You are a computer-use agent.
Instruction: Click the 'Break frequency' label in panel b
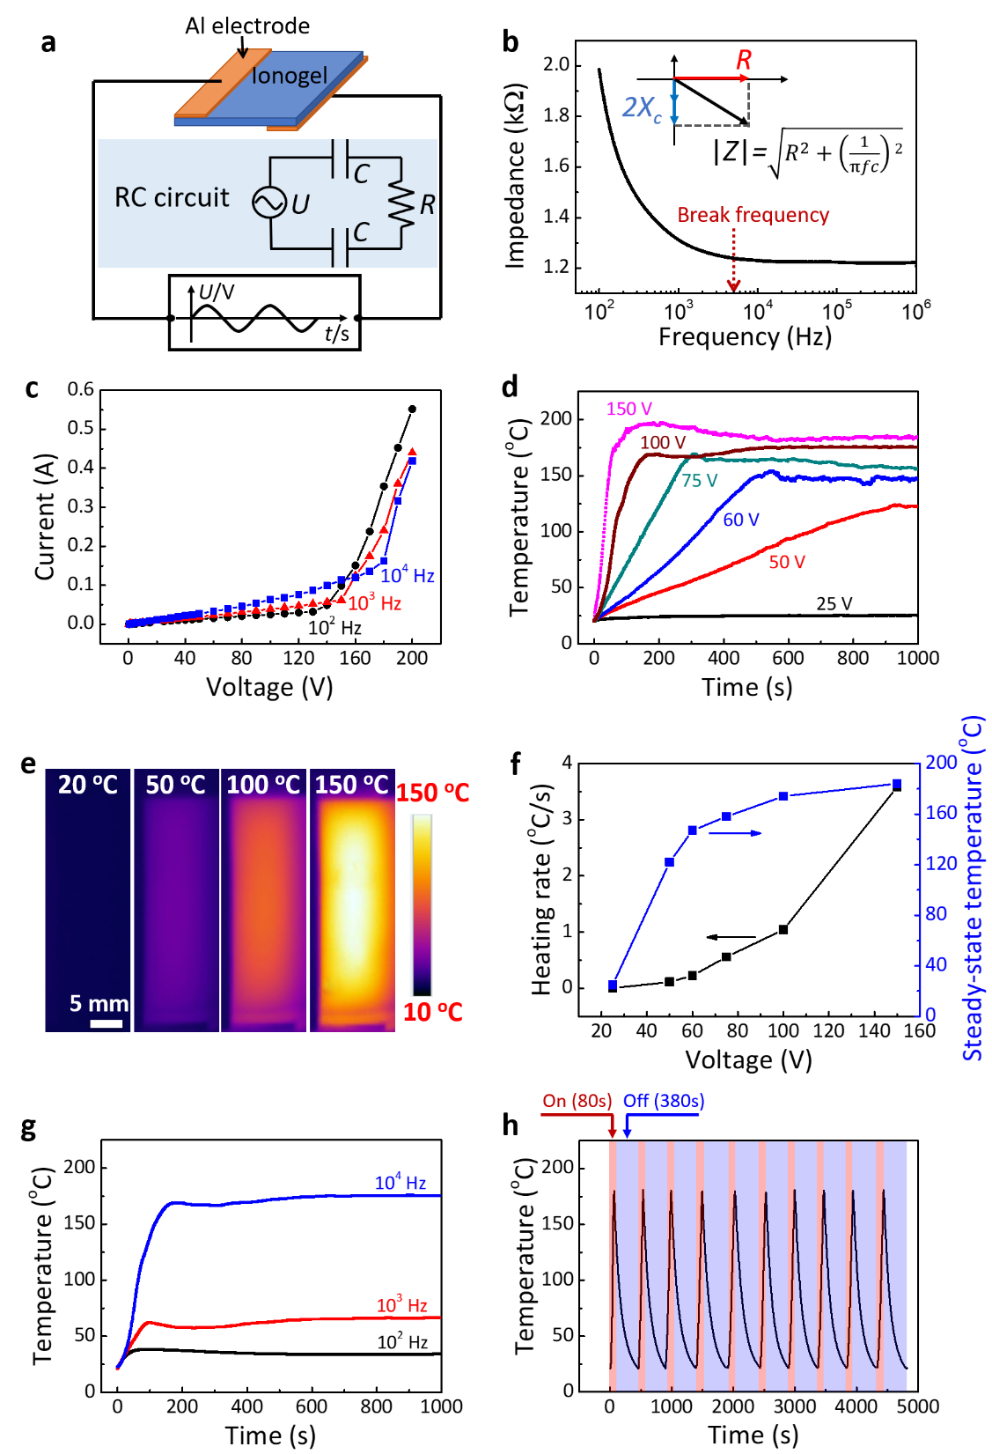[753, 215]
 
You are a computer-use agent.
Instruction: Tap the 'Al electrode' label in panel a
[247, 26]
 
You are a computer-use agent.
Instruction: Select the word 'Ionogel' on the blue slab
[290, 77]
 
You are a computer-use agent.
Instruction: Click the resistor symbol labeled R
[400, 205]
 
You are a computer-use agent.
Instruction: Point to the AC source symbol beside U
[268, 203]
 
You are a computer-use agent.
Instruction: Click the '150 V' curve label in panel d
[628, 409]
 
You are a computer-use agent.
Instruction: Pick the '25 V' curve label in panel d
[834, 604]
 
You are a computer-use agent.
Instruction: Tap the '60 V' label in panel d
[740, 520]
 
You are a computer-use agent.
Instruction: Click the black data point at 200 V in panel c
[412, 409]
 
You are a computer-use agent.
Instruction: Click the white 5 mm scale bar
[106, 1023]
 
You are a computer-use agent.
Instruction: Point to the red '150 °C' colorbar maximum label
[432, 793]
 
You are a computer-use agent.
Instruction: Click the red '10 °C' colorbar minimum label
[432, 1012]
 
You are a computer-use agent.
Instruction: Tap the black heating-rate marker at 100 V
[783, 929]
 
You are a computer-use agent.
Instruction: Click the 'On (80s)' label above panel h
[577, 1101]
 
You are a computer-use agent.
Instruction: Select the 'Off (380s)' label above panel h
[664, 1101]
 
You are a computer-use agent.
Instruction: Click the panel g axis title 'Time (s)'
[270, 1436]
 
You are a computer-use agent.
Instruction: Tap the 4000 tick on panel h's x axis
[856, 1406]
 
